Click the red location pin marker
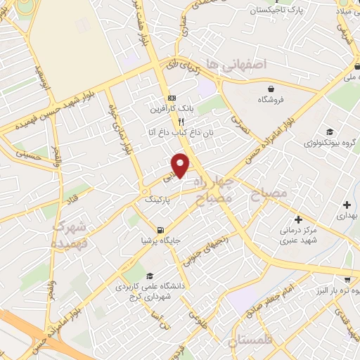click(x=181, y=165)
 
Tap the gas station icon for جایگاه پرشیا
click(x=162, y=229)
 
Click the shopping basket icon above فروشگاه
click(x=271, y=89)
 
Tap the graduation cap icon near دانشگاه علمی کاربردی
click(x=150, y=276)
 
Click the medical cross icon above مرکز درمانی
click(x=298, y=219)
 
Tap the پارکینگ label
click(x=159, y=200)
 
